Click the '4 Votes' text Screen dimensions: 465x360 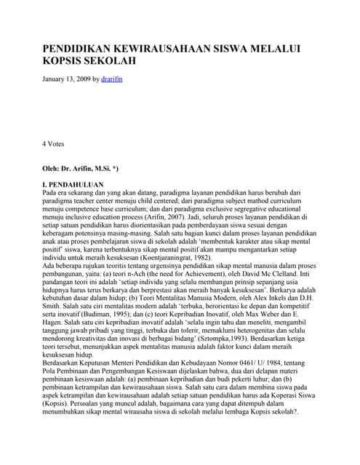54,144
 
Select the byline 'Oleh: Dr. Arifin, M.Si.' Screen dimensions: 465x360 81,168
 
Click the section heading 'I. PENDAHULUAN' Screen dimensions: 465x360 73,185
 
